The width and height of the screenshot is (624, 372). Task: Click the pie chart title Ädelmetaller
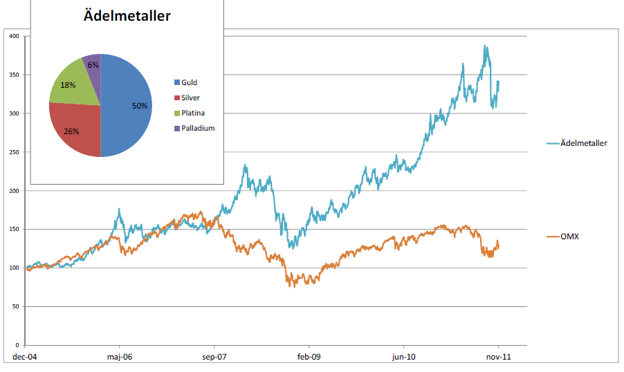tap(127, 15)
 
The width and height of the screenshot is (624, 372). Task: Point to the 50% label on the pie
tap(140, 106)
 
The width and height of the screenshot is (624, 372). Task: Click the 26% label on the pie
tap(71, 131)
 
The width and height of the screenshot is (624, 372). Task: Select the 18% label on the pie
tap(68, 85)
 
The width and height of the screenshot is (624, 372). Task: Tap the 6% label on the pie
tap(93, 65)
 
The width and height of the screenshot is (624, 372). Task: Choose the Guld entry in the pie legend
tap(189, 82)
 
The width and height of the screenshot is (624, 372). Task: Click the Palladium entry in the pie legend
tap(197, 128)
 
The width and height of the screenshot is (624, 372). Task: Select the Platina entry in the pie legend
tap(193, 113)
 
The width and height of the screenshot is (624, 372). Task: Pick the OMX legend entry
tap(569, 237)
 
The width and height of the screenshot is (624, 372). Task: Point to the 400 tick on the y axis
tap(14, 36)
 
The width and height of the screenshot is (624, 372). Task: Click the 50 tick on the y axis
tap(15, 306)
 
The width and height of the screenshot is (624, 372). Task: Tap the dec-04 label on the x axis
tap(26, 357)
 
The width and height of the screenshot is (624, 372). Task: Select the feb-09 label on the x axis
tap(309, 357)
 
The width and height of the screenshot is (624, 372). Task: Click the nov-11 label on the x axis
tap(497, 357)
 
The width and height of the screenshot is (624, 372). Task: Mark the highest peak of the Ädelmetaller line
tap(485, 46)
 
